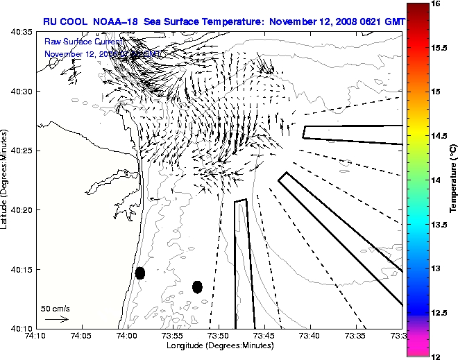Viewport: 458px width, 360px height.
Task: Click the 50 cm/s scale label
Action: click(56, 308)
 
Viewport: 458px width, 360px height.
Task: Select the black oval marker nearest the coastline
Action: click(140, 273)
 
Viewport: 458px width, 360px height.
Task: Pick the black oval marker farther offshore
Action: click(197, 286)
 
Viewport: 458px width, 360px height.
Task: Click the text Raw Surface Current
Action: click(83, 42)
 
